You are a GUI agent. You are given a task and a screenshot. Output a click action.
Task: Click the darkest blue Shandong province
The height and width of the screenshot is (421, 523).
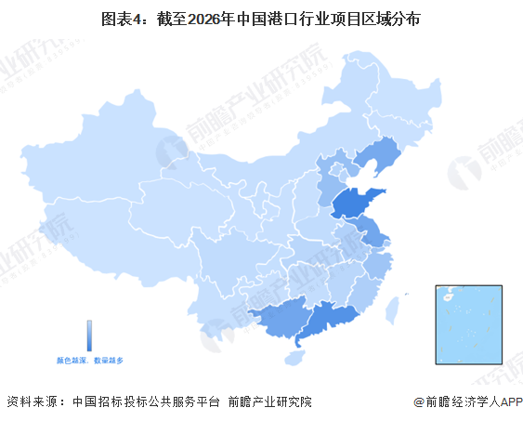coord(357,203)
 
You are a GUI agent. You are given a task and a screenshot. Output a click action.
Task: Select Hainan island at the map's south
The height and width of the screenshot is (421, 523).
coord(296,356)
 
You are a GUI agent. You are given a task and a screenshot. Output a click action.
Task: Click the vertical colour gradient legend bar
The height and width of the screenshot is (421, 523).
coord(89,335)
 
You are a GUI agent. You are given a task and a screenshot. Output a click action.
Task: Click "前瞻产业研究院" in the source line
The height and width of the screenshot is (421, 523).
coord(270,401)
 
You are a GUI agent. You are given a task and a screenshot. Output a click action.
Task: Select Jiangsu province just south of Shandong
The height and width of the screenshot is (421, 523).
coord(371,231)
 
